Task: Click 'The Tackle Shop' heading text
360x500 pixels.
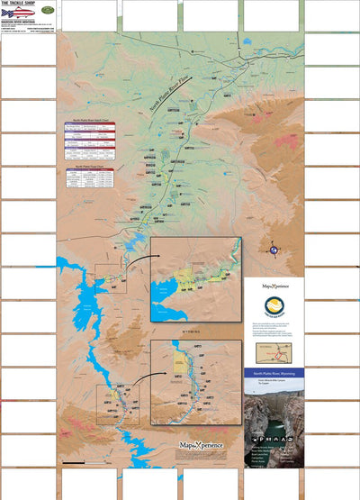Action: [x=18, y=4]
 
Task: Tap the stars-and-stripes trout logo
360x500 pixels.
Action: [x=19, y=14]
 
